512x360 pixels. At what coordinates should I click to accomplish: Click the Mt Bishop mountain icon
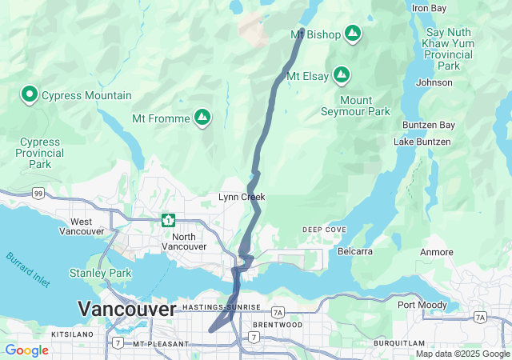click(x=353, y=34)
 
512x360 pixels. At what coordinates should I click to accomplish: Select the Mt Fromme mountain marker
click(x=202, y=118)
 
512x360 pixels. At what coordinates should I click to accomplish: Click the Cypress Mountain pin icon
click(x=30, y=95)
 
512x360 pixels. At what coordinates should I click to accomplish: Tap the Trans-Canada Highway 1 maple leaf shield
click(x=168, y=220)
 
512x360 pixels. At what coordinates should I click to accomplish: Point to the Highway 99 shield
click(x=38, y=194)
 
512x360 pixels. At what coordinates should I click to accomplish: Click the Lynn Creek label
click(x=242, y=197)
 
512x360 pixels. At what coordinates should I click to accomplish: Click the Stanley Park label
click(x=100, y=274)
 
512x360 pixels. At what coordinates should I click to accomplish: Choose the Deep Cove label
click(x=325, y=230)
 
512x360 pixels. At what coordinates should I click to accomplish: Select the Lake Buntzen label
click(x=422, y=142)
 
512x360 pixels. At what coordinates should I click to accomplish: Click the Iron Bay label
click(x=429, y=8)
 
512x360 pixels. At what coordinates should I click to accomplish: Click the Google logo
click(x=26, y=350)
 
